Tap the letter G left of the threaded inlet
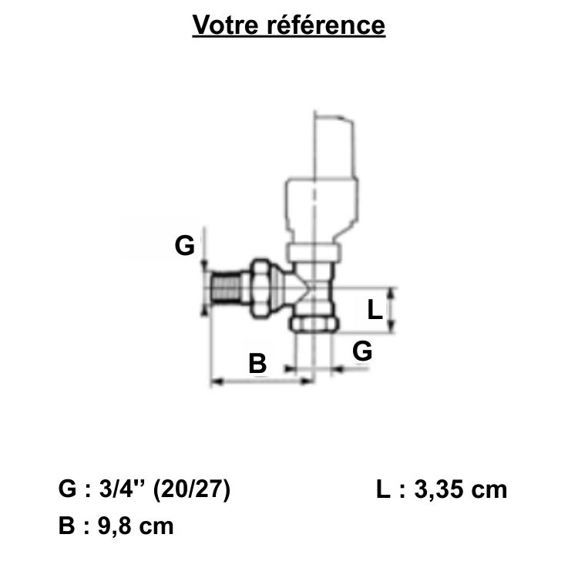coord(184,247)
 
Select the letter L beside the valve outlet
coord(374,311)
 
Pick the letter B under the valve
coord(257,362)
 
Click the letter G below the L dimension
coord(362,351)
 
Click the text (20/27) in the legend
coord(192,490)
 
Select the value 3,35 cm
coord(460,490)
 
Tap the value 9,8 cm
coord(130,527)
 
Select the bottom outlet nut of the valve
coord(314,323)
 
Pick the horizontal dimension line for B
coord(262,380)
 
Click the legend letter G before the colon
coord(68,490)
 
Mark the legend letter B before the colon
coord(67,527)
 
